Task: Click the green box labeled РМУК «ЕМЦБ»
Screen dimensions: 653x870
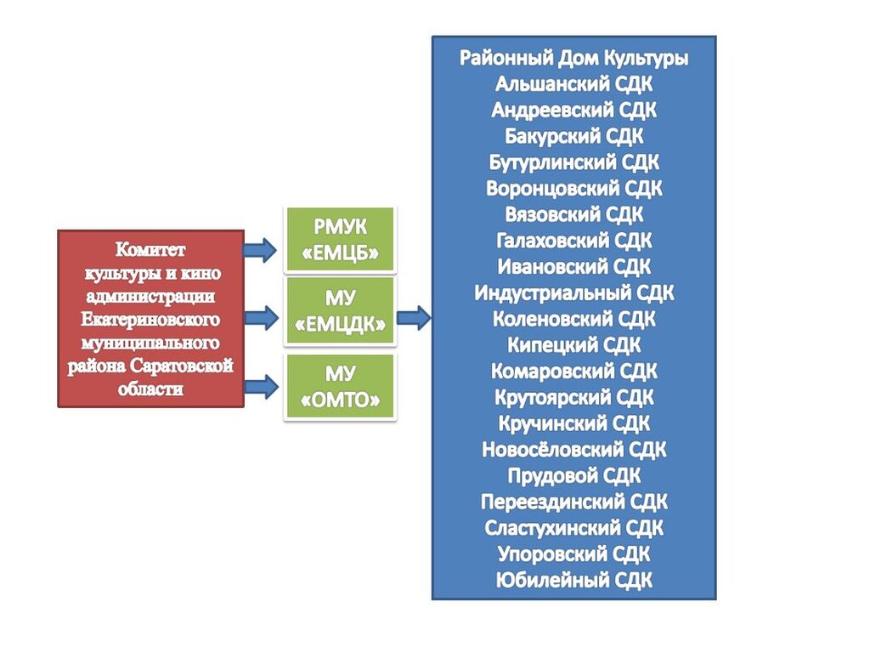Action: point(340,239)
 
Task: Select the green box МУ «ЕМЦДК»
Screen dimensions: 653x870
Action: point(340,310)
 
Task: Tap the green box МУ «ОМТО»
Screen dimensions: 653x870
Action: point(340,387)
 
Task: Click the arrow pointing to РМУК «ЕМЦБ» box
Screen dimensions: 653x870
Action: point(260,250)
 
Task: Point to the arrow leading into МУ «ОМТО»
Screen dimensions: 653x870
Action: point(260,388)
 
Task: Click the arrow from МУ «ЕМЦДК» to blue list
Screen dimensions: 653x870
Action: point(414,318)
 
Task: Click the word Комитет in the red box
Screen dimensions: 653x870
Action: point(150,250)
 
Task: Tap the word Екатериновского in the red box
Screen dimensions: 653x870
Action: point(150,320)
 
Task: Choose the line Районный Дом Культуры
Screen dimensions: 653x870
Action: point(573,58)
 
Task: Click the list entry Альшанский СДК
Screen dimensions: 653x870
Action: point(573,84)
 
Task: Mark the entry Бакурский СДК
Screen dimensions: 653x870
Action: point(573,136)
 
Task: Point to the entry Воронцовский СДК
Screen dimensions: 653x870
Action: point(573,188)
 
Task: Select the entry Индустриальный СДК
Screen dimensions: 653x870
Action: point(573,292)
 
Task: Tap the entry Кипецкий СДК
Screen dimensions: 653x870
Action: point(573,345)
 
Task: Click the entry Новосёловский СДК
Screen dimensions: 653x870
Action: point(573,449)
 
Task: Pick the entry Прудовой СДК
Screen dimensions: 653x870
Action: point(573,475)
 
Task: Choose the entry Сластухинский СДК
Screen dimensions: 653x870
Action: point(573,527)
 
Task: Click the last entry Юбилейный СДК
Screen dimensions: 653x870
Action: point(573,580)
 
